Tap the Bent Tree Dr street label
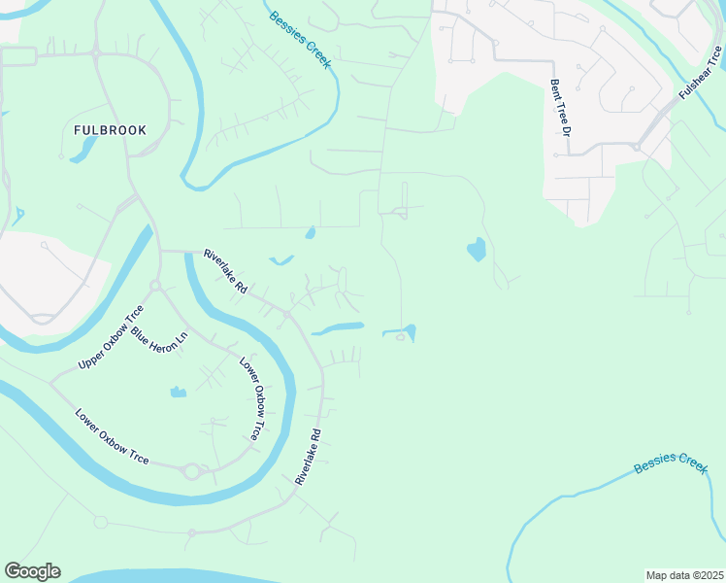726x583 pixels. pos(559,116)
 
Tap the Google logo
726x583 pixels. pos(32,571)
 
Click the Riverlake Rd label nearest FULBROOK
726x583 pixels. pos(226,272)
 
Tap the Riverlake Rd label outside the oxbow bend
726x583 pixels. pos(309,457)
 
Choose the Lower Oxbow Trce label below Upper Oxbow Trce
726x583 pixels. pos(112,436)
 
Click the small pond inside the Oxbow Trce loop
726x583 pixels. pos(178,392)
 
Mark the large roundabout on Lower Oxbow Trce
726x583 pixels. pos(191,471)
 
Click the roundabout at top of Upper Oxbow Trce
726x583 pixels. pos(154,286)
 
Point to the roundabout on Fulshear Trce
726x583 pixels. pos(637,147)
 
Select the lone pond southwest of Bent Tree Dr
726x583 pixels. pos(476,250)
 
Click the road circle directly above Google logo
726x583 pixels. pos(100,522)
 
